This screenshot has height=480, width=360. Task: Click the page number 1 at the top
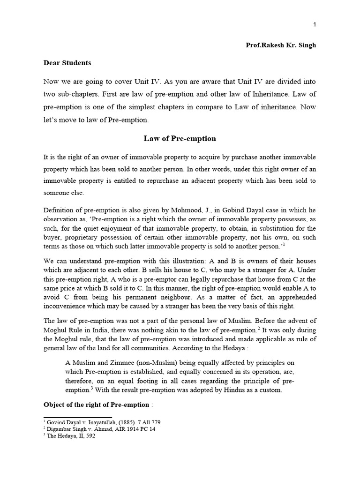pyautogui.click(x=315, y=25)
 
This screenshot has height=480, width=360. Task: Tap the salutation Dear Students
pyautogui.click(x=67, y=62)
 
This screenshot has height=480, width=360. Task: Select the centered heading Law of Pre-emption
pyautogui.click(x=180, y=139)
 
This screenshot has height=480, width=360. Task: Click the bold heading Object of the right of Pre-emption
pyautogui.click(x=97, y=405)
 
